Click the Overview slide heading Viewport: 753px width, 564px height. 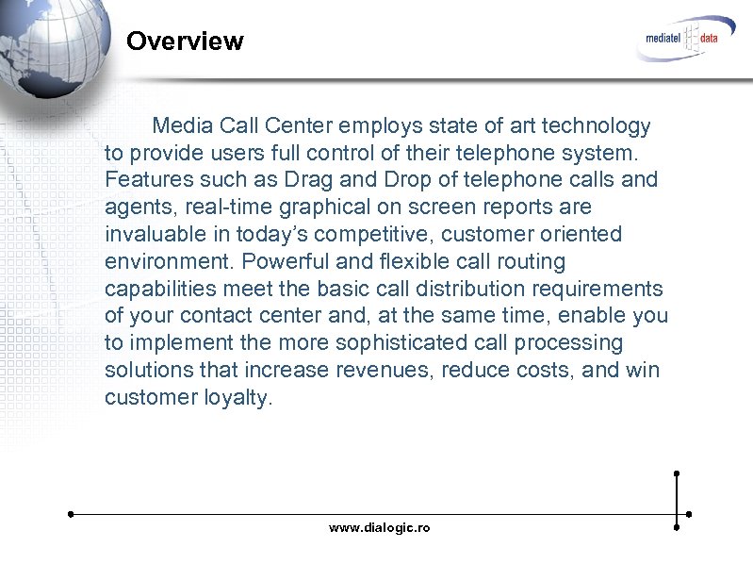(185, 41)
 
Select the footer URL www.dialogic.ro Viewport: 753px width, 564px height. (379, 528)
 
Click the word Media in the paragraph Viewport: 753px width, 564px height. (183, 125)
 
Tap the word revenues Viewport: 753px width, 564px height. (384, 369)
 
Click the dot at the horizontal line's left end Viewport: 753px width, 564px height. (71, 515)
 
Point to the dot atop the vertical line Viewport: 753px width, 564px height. (677, 473)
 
